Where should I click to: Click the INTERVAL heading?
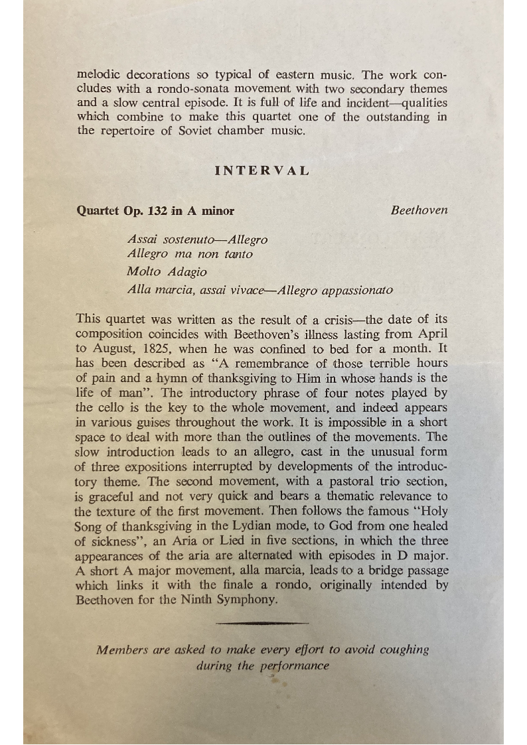[x=262, y=170]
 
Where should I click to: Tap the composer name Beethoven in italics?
[x=419, y=210]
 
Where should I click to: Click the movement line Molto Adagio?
[x=167, y=271]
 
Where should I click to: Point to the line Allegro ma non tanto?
[x=189, y=254]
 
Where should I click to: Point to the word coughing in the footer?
[x=404, y=649]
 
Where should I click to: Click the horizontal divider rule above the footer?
[x=263, y=623]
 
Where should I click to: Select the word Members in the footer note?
[x=121, y=649]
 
